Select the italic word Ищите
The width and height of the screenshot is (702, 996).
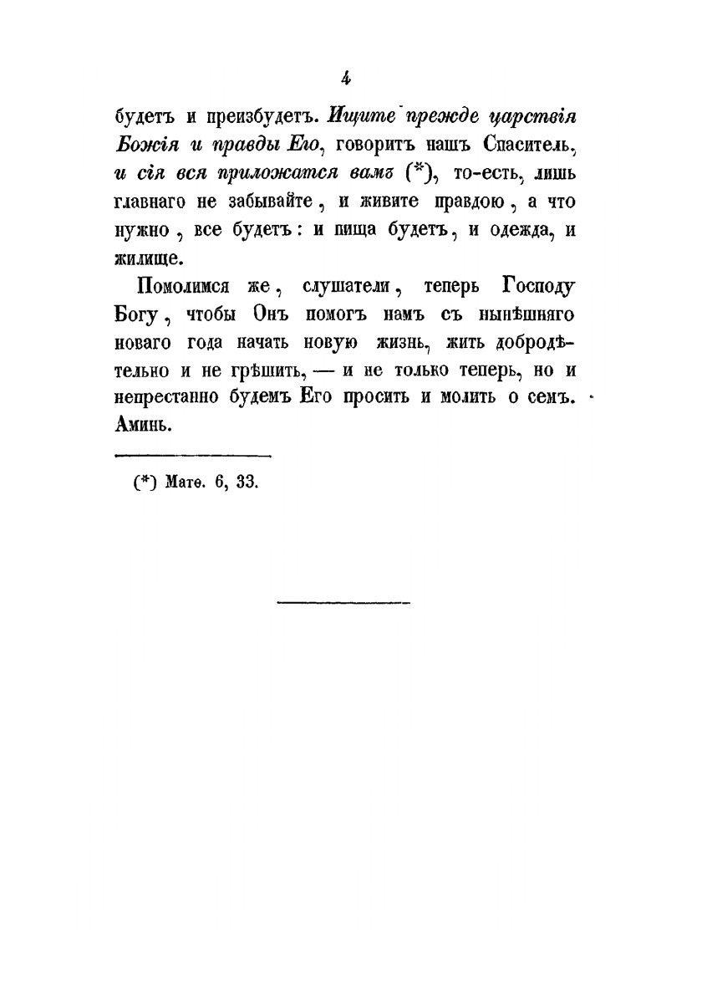tap(360, 115)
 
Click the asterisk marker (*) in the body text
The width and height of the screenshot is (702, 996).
tap(415, 173)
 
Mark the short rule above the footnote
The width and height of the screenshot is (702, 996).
tap(192, 455)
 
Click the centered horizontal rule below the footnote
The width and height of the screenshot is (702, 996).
tap(343, 600)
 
